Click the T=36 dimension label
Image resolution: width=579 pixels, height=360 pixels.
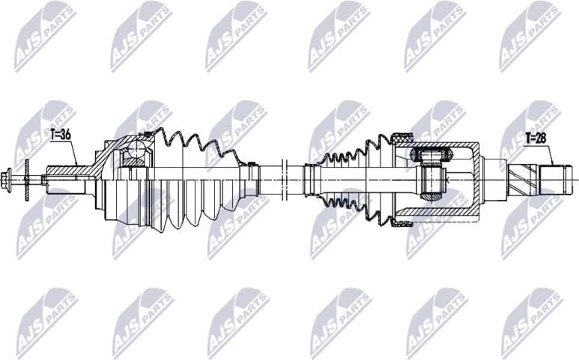coord(61,135)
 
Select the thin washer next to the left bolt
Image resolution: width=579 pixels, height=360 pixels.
coord(26,179)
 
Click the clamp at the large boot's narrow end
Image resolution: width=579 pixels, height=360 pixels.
coord(254,180)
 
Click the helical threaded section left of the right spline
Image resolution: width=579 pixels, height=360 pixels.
coord(523,179)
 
